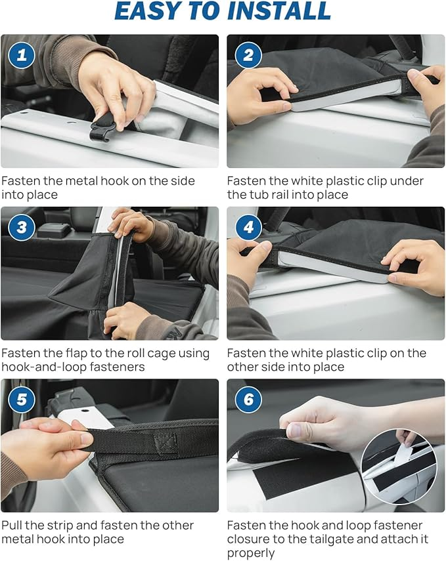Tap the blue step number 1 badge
click(22, 56)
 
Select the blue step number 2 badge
click(248, 56)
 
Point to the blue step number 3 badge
click(22, 228)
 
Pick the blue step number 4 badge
click(248, 228)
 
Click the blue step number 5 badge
click(22, 400)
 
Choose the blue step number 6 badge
click(248, 400)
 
